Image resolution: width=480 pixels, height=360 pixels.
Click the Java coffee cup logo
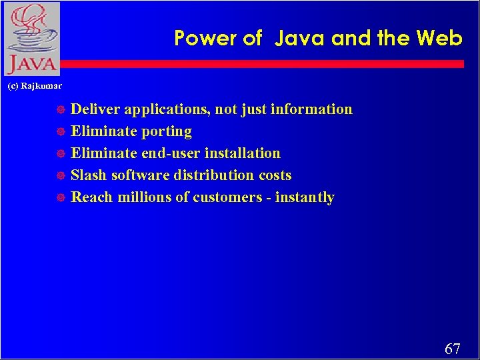(x=31, y=39)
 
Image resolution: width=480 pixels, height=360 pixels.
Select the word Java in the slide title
(x=300, y=38)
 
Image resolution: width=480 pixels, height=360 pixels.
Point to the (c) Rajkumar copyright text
(x=35, y=86)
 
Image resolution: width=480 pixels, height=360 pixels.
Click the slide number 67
(x=453, y=349)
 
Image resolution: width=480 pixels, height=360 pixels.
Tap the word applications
(x=166, y=110)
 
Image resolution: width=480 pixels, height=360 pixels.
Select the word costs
(x=275, y=175)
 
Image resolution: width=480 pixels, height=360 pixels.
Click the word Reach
(x=91, y=197)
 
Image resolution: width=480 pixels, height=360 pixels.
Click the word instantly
(x=306, y=198)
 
